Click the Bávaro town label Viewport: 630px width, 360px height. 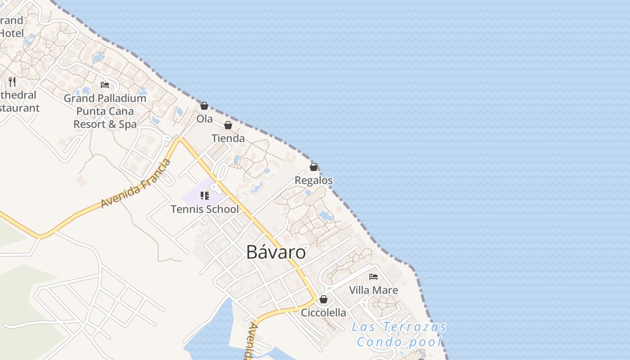coord(276,252)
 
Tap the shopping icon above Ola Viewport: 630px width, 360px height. coord(204,106)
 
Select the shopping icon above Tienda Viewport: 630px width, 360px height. coord(228,125)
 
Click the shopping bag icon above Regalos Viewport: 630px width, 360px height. coord(314,167)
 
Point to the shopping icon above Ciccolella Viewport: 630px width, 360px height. coord(323,299)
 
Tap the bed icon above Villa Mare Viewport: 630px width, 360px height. coord(373,277)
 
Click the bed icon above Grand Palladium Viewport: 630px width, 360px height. coord(105,85)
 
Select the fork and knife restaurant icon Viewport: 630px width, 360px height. coord(12,82)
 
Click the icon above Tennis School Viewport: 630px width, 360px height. coord(205,196)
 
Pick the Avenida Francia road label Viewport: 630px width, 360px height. coord(136,183)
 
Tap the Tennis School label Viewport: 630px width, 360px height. coord(205,209)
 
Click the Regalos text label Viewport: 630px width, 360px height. coord(314,180)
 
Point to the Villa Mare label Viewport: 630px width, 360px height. coord(373,290)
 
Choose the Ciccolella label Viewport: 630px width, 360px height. coord(324,313)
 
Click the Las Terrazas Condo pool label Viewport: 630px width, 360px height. coord(399,334)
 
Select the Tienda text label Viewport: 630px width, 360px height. coord(228,139)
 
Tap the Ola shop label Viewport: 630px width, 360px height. coord(204,119)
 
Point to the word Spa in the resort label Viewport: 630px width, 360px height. coord(128,124)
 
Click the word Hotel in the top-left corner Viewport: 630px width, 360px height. coord(11,33)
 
